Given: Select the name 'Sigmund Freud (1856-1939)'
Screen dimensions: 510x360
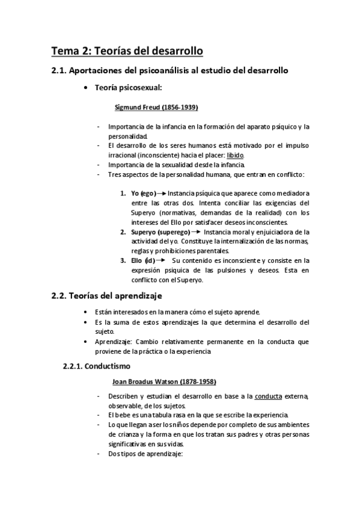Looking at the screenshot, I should point(156,108).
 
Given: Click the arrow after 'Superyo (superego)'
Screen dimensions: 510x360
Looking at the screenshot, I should point(196,232).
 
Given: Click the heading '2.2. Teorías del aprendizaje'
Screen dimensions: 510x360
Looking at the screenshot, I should point(106,296).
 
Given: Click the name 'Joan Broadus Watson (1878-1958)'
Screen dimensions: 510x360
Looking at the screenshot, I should point(164,381).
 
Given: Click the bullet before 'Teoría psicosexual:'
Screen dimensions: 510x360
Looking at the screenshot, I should point(90,88).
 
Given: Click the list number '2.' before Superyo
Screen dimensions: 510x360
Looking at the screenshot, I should point(123,232).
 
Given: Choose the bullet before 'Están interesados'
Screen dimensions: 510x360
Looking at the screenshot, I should point(90,312).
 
